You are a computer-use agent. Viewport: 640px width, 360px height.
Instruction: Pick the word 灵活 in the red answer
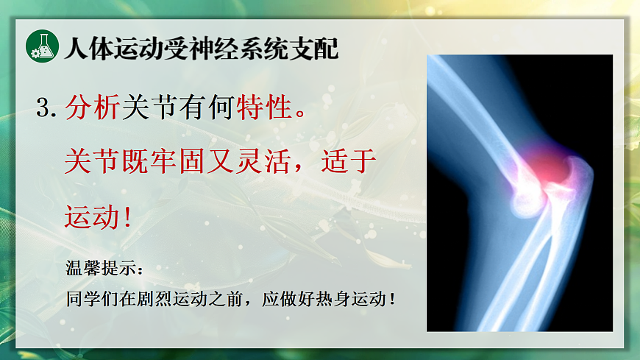pyautogui.click(x=264, y=161)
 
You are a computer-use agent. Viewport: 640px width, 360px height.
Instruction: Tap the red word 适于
pyautogui.click(x=350, y=161)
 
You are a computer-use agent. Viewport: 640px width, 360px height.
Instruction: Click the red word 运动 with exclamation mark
pyautogui.click(x=92, y=216)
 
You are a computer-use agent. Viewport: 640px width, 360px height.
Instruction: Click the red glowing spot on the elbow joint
pyautogui.click(x=547, y=167)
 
